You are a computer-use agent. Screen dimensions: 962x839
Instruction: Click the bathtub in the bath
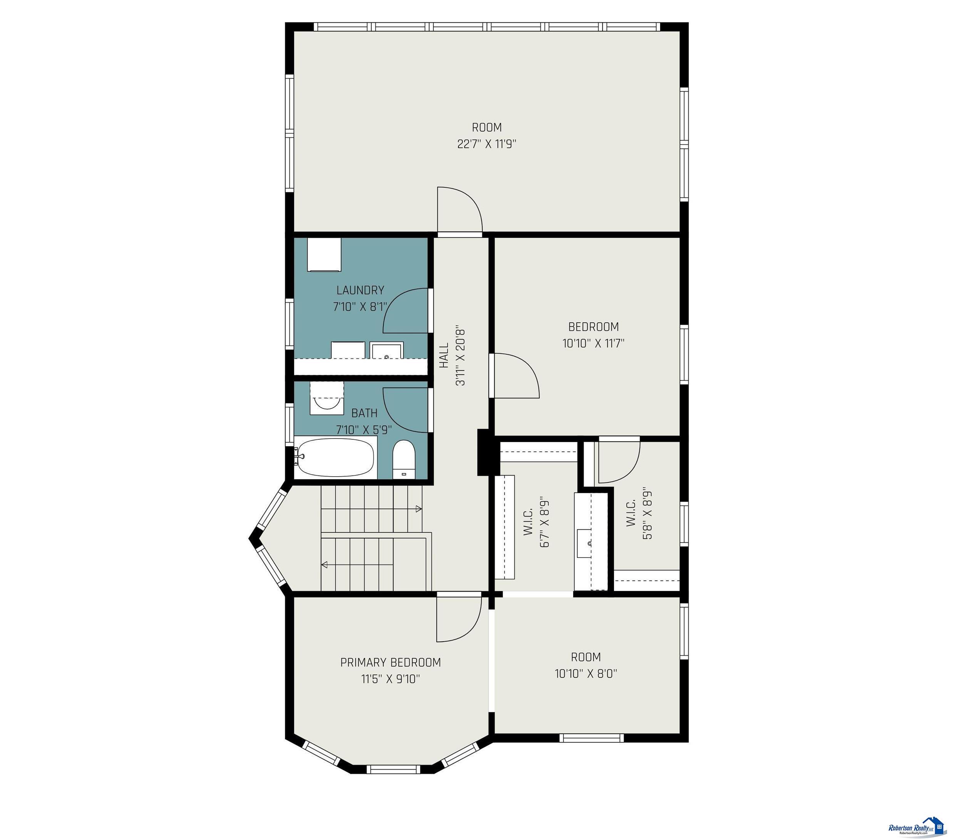click(x=336, y=457)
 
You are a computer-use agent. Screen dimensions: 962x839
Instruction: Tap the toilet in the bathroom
click(x=404, y=459)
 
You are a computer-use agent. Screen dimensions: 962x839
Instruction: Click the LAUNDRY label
click(x=360, y=290)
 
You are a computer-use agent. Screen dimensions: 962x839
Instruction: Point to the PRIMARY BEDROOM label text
click(x=390, y=662)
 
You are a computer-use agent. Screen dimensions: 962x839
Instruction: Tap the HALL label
click(x=444, y=355)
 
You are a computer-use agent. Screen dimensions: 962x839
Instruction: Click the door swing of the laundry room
click(x=406, y=311)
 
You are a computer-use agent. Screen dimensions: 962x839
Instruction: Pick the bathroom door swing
click(x=406, y=410)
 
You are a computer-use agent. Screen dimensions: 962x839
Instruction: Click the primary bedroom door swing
click(x=459, y=619)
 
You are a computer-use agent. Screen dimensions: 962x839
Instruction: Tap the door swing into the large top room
click(x=460, y=209)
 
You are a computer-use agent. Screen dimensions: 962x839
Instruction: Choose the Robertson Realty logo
click(x=916, y=826)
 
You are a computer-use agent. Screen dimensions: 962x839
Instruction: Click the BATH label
click(x=364, y=413)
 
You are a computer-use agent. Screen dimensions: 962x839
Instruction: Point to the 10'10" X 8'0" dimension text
click(x=586, y=674)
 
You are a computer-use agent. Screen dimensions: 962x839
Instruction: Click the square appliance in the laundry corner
click(x=324, y=254)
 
